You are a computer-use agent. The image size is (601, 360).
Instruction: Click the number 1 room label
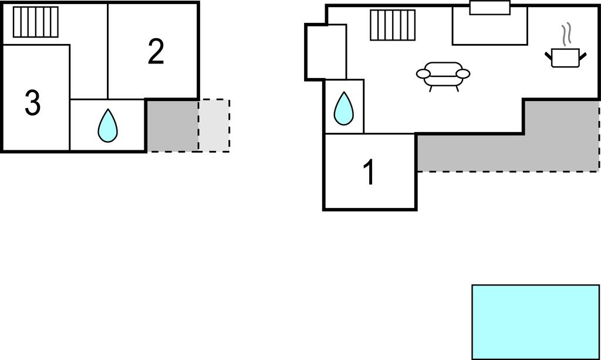tap(369, 173)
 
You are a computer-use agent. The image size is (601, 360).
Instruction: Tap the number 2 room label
tap(156, 52)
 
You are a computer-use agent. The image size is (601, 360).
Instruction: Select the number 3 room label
tap(32, 103)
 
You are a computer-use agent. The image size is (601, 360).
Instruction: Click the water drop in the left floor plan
tap(107, 126)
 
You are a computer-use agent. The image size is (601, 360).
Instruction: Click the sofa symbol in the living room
tap(443, 75)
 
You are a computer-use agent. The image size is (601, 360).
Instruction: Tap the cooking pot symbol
tap(566, 58)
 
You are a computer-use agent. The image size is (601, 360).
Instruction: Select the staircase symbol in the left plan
tap(36, 22)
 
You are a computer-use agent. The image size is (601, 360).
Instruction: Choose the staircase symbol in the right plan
tap(393, 25)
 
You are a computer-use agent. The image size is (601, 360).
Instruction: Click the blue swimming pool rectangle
tap(535, 321)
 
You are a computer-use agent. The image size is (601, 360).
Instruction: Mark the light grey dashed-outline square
tap(214, 125)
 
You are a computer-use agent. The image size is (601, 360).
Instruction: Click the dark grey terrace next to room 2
tap(171, 125)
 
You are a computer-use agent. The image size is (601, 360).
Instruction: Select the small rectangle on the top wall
tap(490, 8)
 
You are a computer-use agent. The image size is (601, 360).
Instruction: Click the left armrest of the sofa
tap(424, 74)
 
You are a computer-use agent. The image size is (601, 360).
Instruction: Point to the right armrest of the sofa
tap(463, 74)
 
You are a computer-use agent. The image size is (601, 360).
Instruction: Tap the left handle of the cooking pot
tap(549, 56)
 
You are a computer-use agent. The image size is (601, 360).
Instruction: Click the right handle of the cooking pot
tap(583, 56)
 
